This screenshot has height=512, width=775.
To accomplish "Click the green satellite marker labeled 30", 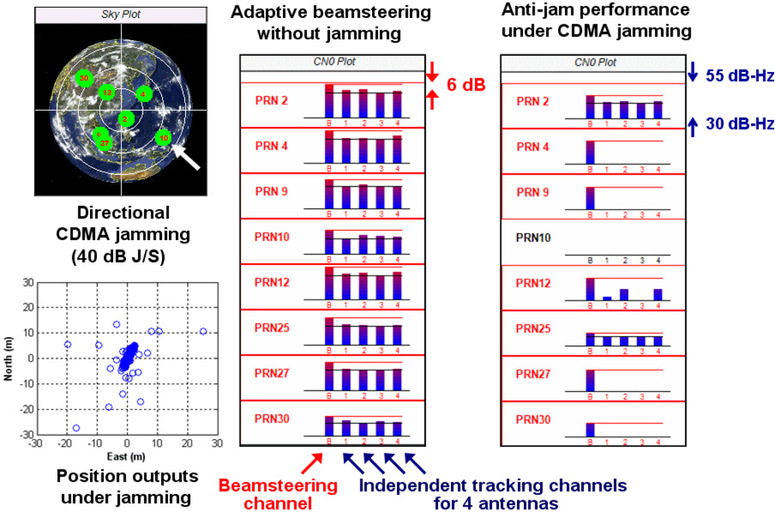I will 84,77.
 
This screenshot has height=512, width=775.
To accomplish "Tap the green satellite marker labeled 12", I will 107,93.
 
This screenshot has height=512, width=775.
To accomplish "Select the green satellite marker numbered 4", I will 143,94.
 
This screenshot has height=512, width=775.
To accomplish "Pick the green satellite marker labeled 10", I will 163,138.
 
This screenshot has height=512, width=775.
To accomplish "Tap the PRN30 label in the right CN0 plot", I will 533,419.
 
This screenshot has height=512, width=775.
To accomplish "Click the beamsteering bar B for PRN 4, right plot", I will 590,152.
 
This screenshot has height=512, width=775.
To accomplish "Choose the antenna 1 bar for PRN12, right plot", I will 607,297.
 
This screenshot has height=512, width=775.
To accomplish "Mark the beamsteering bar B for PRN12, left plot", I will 329,283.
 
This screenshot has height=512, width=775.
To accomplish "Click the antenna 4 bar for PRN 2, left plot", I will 398,104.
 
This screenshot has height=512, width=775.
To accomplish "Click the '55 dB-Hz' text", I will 739,76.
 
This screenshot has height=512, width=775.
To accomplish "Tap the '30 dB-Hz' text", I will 739,123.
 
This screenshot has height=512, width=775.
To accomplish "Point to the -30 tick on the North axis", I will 28,434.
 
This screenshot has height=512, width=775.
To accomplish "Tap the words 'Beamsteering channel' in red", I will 278,494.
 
